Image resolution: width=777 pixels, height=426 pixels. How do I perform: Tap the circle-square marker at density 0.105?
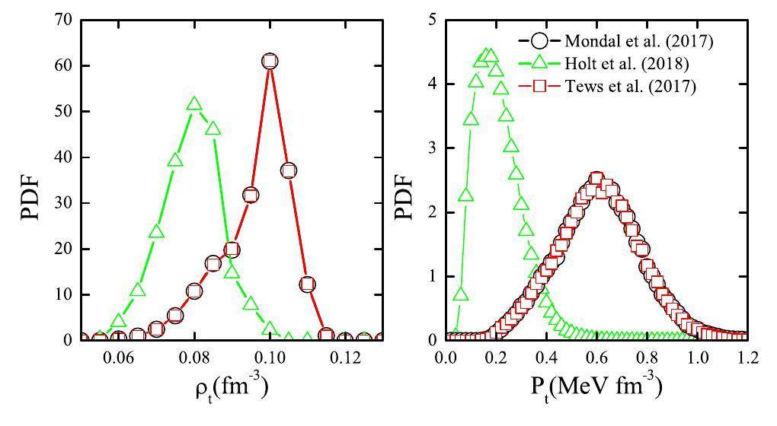click(x=288, y=170)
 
